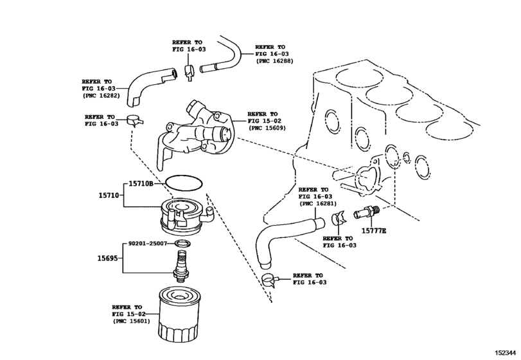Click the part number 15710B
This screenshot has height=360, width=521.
click(x=141, y=183)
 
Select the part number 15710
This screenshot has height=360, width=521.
click(x=109, y=195)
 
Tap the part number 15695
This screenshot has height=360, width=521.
click(x=107, y=258)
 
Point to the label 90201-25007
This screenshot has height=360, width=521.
click(x=148, y=244)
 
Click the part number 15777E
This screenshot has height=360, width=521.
click(x=374, y=231)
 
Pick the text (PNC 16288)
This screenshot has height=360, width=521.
click(x=274, y=61)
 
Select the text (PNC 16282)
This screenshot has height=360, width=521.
click(x=101, y=95)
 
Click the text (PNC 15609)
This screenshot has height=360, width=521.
click(x=267, y=128)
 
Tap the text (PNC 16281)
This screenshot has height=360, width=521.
click(x=317, y=203)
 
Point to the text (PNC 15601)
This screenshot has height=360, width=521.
click(x=131, y=321)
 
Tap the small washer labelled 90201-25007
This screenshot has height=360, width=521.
click(x=183, y=244)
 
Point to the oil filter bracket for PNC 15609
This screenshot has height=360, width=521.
click(x=196, y=133)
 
